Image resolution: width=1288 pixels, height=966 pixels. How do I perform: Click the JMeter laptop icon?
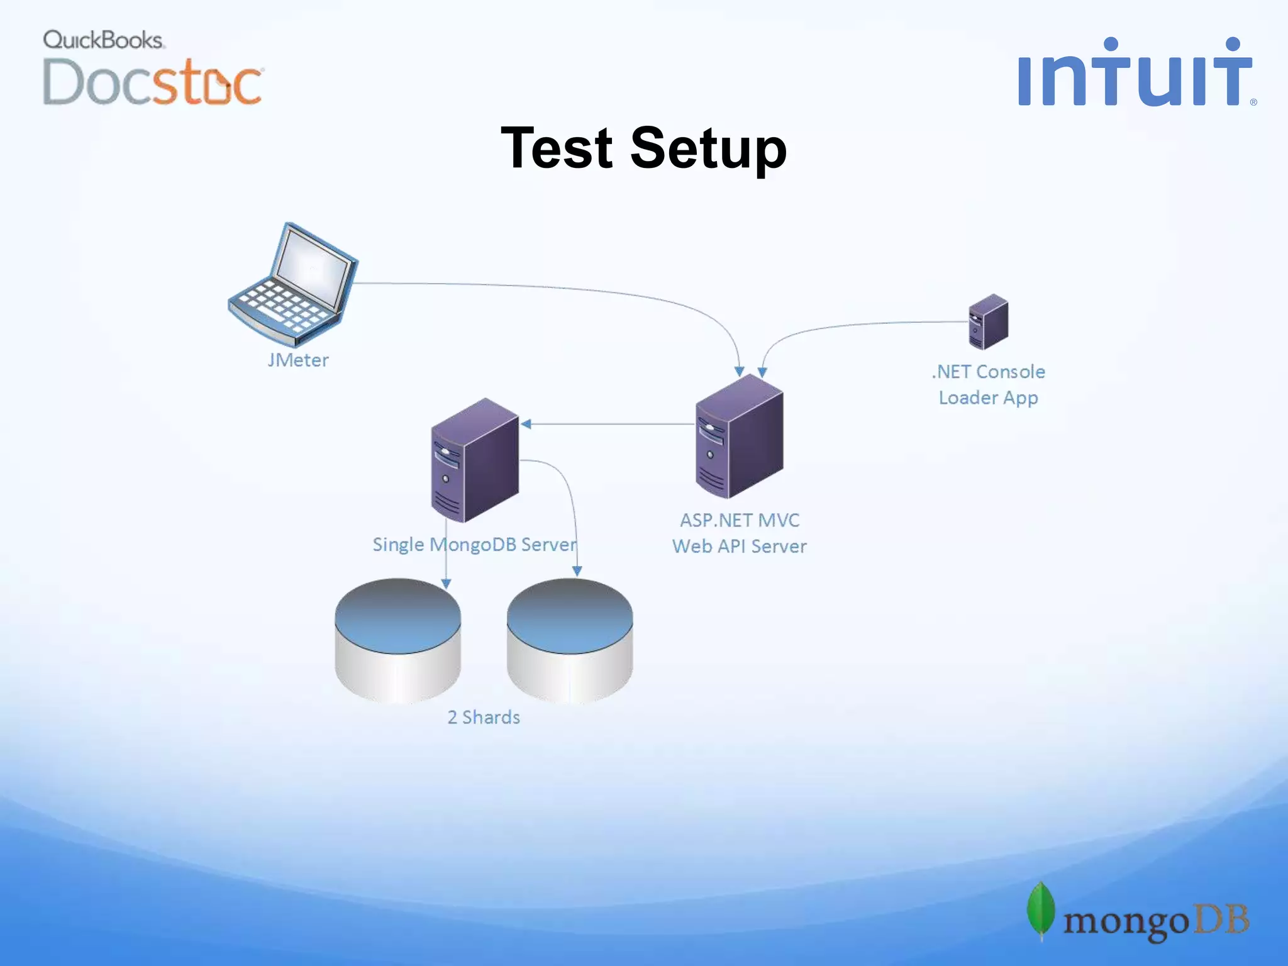(293, 285)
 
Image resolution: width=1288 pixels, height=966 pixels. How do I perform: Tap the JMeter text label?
(298, 360)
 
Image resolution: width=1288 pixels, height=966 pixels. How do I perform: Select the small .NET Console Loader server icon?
(988, 322)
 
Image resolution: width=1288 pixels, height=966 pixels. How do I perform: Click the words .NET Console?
(988, 372)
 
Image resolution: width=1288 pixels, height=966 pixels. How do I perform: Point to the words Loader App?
(988, 398)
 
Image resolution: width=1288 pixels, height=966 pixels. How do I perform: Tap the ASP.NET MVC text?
(740, 521)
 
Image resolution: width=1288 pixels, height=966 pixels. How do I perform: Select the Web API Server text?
(740, 547)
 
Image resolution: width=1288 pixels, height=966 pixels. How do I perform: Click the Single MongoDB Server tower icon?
(475, 461)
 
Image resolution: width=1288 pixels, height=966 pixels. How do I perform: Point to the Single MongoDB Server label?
(475, 545)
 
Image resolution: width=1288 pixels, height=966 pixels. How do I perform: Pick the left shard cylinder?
(398, 640)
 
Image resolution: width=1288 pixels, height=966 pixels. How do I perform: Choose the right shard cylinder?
(570, 640)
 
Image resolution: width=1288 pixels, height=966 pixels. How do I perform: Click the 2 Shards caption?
(484, 718)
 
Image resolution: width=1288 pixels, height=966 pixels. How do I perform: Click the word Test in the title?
(557, 148)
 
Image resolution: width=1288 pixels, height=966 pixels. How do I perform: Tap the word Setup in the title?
(708, 150)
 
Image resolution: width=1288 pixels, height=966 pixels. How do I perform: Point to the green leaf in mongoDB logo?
(1041, 910)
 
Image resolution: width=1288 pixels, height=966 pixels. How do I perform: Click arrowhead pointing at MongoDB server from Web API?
(526, 425)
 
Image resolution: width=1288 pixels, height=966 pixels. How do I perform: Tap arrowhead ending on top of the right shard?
(577, 571)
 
